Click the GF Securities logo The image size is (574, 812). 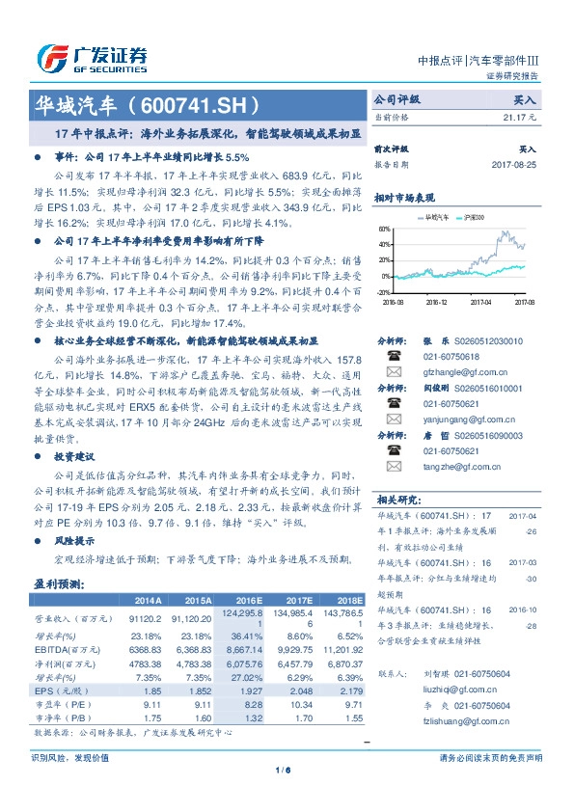coord(92,59)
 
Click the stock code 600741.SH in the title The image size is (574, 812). coord(192,103)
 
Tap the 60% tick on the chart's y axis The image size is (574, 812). coord(385,230)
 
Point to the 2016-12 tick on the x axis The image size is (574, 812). coord(437,301)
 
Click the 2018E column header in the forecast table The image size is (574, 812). coord(348,599)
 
